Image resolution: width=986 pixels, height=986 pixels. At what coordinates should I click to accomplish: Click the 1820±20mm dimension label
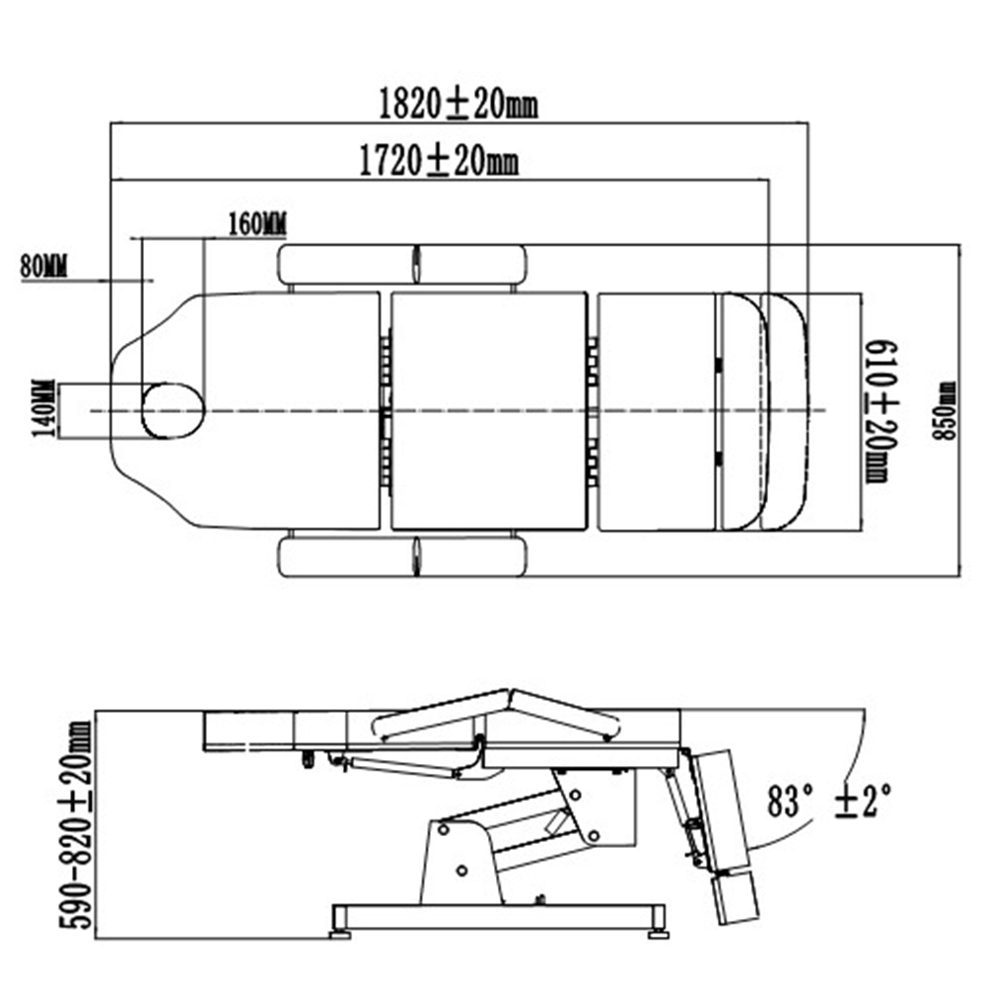click(458, 104)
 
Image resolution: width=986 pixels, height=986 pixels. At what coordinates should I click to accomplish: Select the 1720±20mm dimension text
click(438, 160)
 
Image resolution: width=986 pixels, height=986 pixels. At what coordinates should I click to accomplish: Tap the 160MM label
click(256, 224)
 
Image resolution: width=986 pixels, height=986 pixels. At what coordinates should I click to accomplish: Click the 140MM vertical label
click(44, 411)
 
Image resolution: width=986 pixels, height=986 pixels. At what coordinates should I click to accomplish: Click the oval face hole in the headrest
click(174, 410)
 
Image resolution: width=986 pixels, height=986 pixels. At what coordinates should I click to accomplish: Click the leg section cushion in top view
click(656, 410)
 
